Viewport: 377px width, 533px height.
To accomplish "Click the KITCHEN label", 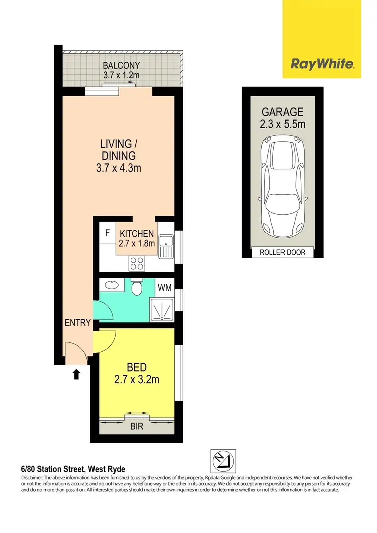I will point(136,233).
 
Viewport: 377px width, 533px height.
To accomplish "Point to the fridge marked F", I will point(107,233).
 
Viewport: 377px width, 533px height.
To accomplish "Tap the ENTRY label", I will point(77,323).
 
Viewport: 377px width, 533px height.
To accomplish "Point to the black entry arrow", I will point(76,374).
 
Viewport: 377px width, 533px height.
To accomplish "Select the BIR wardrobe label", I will point(137,427).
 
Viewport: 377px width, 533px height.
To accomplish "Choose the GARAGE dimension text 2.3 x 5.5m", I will point(281,123).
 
